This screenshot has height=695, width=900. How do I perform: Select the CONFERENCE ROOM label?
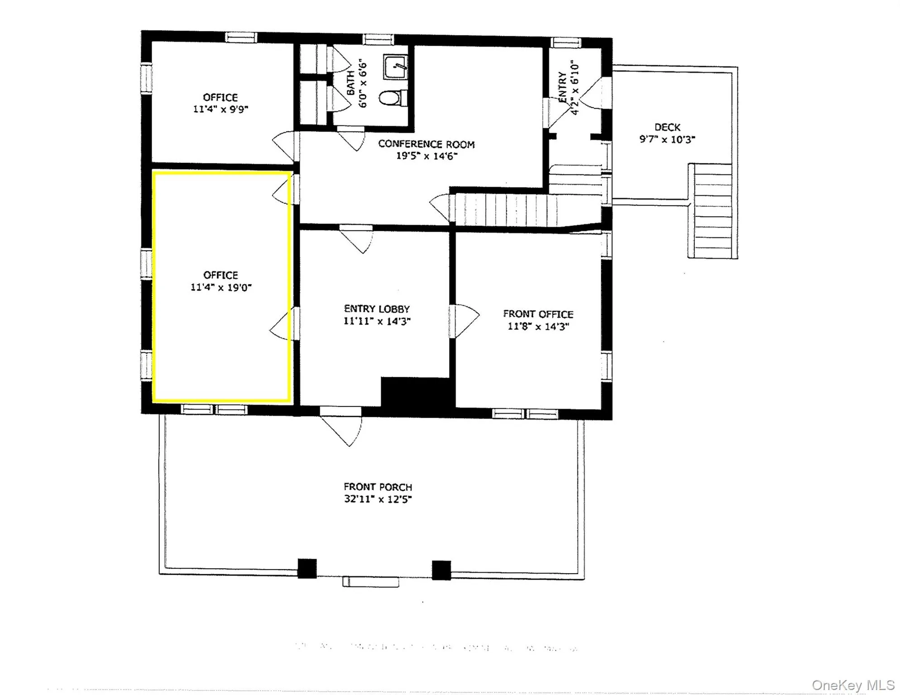pos(426,144)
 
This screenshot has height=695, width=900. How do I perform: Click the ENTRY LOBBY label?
pos(377,309)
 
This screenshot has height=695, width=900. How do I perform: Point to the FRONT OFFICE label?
pos(538,314)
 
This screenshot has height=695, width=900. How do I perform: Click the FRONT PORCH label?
pos(378,487)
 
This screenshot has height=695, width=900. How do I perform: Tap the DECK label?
pos(667,128)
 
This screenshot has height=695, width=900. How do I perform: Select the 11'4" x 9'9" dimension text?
pos(220,109)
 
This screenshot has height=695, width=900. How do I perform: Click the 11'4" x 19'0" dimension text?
pos(220,287)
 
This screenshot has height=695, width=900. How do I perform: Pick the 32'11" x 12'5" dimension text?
pos(378,499)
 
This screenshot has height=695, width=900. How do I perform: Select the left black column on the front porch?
pos(307,569)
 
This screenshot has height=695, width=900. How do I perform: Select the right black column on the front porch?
pos(441,570)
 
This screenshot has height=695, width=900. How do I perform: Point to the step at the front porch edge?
pos(370,582)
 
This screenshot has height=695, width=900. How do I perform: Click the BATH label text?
pos(351,83)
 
